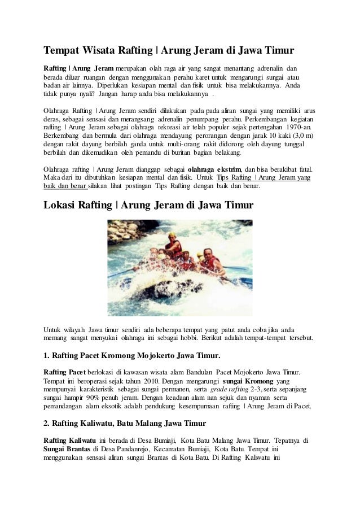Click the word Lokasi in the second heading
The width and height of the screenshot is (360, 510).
click(x=62, y=204)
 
